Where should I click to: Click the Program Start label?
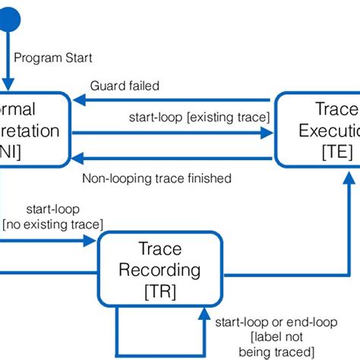(55, 57)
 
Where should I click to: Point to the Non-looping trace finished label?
(156, 179)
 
